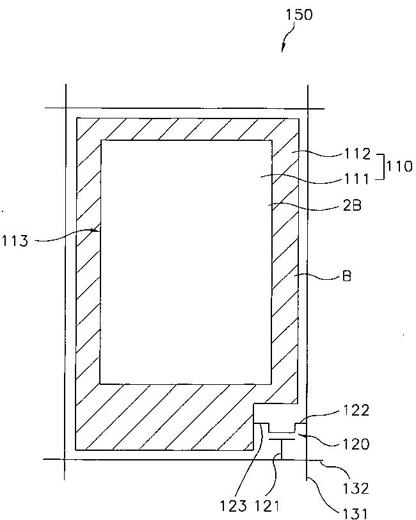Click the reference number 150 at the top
coord(300,15)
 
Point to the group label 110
coord(400,167)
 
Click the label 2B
coord(352,206)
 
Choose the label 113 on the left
coord(15,241)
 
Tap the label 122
coord(356,410)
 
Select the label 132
coord(356,489)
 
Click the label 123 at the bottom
coord(233,507)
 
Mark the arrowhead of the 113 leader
coord(97,229)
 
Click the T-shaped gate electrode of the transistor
coord(279,441)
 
